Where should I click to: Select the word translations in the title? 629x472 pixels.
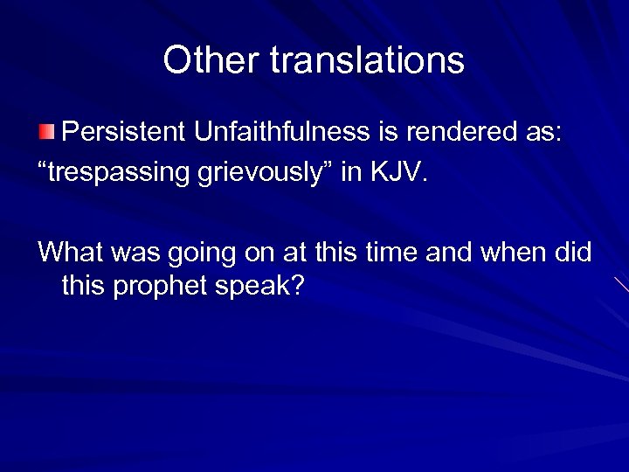pyautogui.click(x=367, y=60)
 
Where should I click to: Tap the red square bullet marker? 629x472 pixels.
pyautogui.click(x=46, y=132)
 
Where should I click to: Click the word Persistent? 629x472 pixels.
pyautogui.click(x=126, y=132)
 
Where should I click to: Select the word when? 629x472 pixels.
pyautogui.click(x=521, y=253)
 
